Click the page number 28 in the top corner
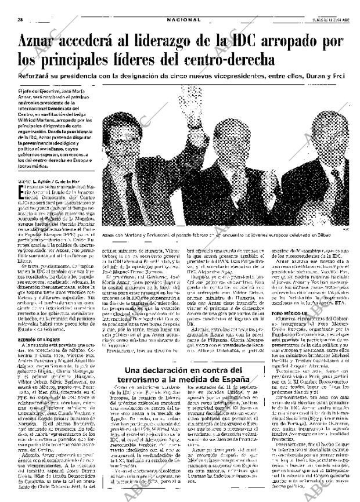[x=20, y=19]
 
